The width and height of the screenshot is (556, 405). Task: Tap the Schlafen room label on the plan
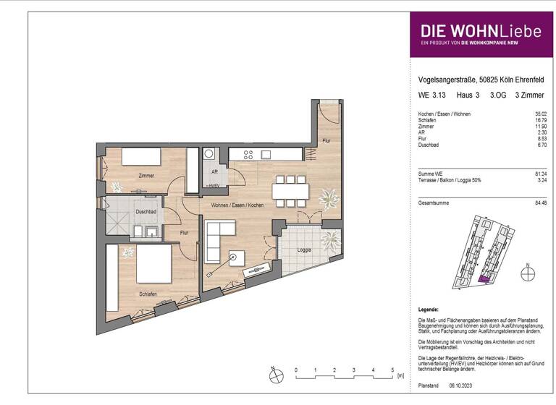click(x=148, y=294)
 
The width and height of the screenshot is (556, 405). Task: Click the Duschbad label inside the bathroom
click(x=147, y=212)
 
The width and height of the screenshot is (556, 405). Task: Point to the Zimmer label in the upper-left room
click(x=147, y=176)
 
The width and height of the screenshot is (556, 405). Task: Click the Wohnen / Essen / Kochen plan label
click(x=237, y=205)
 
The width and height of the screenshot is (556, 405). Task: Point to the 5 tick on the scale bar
click(x=392, y=370)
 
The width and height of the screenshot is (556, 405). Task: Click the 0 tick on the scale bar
click(x=296, y=370)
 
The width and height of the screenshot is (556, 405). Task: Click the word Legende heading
click(x=430, y=309)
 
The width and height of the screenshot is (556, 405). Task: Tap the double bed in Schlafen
click(x=153, y=264)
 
